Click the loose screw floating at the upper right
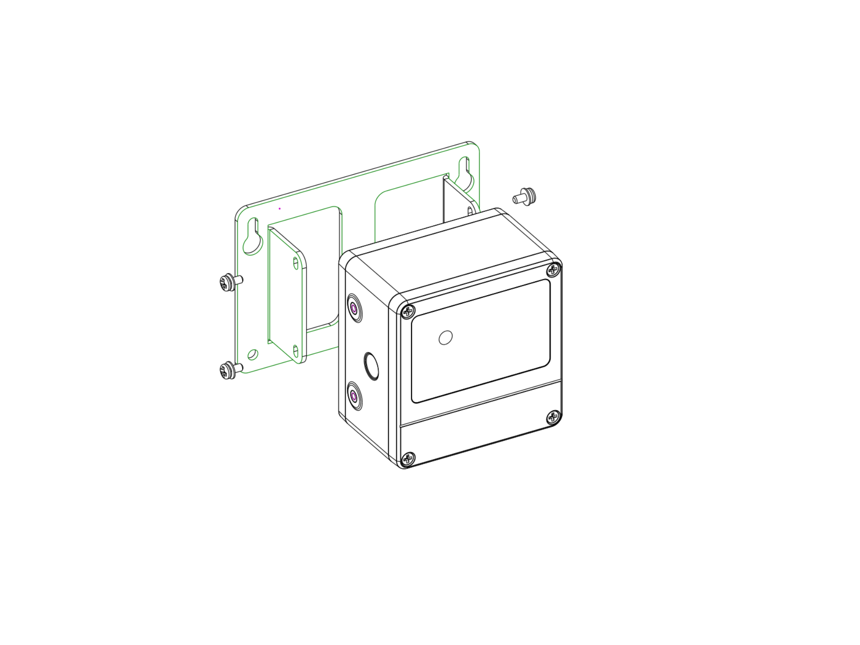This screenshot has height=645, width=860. [525, 197]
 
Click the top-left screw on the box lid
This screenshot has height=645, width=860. [407, 311]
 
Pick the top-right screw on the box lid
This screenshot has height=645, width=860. [554, 270]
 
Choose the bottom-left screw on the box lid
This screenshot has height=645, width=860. [408, 459]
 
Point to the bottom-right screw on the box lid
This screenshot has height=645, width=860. [554, 417]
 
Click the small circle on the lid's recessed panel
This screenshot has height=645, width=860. [445, 337]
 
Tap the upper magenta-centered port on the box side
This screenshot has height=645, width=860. [354, 308]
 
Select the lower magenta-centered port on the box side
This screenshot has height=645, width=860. [354, 396]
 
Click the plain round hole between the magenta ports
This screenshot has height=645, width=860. [371, 365]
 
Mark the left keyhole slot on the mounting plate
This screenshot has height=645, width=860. [253, 237]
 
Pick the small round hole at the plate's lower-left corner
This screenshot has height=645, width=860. [253, 355]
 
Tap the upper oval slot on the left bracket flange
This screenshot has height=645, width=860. [296, 263]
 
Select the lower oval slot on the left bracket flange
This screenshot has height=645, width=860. [296, 351]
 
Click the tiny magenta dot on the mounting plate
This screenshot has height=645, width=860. [279, 209]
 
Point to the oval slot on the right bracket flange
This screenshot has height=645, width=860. [469, 211]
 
